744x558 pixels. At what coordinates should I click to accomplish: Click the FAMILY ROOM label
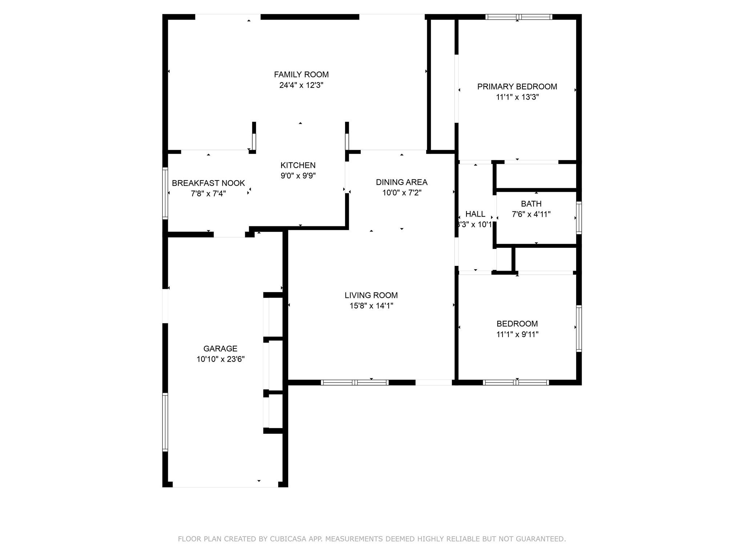pyautogui.click(x=301, y=74)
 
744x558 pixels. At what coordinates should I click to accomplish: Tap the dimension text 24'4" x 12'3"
pyautogui.click(x=301, y=85)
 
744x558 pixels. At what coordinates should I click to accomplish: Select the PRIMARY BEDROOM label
pyautogui.click(x=517, y=86)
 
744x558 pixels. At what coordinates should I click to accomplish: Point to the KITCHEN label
pyautogui.click(x=298, y=165)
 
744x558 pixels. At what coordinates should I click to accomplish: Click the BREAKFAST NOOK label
pyautogui.click(x=208, y=183)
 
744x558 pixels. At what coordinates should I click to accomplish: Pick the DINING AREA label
pyautogui.click(x=401, y=182)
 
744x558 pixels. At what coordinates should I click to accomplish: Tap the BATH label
pyautogui.click(x=531, y=204)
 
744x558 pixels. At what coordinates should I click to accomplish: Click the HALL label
pyautogui.click(x=475, y=214)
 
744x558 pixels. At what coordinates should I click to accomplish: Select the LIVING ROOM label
pyautogui.click(x=371, y=295)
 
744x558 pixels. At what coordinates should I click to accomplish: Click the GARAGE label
pyautogui.click(x=220, y=349)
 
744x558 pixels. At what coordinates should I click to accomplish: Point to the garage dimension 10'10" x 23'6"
pyautogui.click(x=221, y=359)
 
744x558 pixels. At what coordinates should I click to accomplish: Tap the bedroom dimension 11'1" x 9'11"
pyautogui.click(x=517, y=334)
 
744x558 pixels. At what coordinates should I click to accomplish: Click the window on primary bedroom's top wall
pyautogui.click(x=519, y=17)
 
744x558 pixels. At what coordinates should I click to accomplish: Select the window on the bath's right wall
pyautogui.click(x=579, y=218)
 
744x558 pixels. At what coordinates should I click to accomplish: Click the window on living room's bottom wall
pyautogui.click(x=355, y=382)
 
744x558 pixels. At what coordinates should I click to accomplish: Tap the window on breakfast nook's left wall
pyautogui.click(x=165, y=193)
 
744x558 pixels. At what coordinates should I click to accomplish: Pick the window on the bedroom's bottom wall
pyautogui.click(x=515, y=382)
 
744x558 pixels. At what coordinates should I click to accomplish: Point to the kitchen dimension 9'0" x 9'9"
pyautogui.click(x=298, y=176)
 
